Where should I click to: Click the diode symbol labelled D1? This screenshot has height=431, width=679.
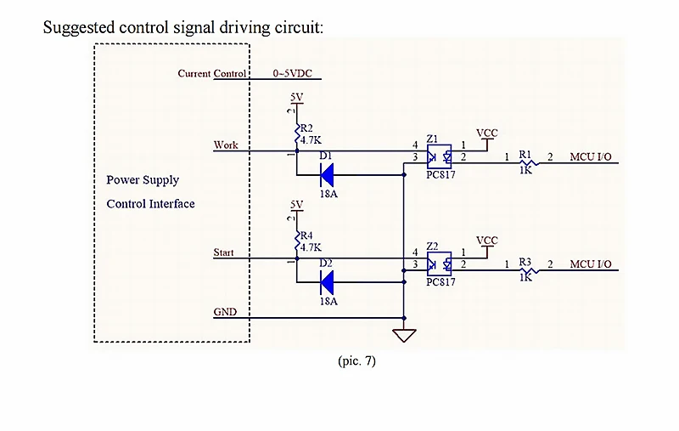tap(327, 175)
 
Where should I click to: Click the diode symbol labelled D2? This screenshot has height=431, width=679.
tap(327, 282)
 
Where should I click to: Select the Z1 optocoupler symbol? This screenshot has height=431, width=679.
tap(439, 156)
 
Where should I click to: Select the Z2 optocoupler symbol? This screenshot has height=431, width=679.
tap(439, 264)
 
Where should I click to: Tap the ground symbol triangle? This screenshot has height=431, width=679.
tap(404, 335)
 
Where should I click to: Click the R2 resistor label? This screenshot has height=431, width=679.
tap(306, 128)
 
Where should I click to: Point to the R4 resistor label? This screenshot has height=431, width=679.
tap(306, 235)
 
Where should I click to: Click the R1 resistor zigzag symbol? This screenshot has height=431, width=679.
tap(529, 163)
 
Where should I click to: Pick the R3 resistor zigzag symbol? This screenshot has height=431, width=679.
tap(529, 270)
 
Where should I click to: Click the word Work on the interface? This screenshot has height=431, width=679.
tap(226, 145)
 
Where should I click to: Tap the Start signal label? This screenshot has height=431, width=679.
tap(223, 252)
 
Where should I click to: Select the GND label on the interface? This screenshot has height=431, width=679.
tap(225, 312)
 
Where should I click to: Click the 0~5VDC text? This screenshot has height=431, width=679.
tap(292, 73)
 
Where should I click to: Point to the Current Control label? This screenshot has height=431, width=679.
tap(211, 73)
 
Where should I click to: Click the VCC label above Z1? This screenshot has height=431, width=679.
tap(487, 133)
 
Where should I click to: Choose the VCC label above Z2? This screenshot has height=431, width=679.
tap(487, 241)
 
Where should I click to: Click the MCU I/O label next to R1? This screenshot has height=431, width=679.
tap(591, 156)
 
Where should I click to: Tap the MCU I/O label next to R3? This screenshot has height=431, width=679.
tap(591, 264)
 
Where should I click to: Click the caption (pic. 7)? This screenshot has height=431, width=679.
tap(356, 360)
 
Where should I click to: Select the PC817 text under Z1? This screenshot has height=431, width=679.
tap(441, 174)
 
